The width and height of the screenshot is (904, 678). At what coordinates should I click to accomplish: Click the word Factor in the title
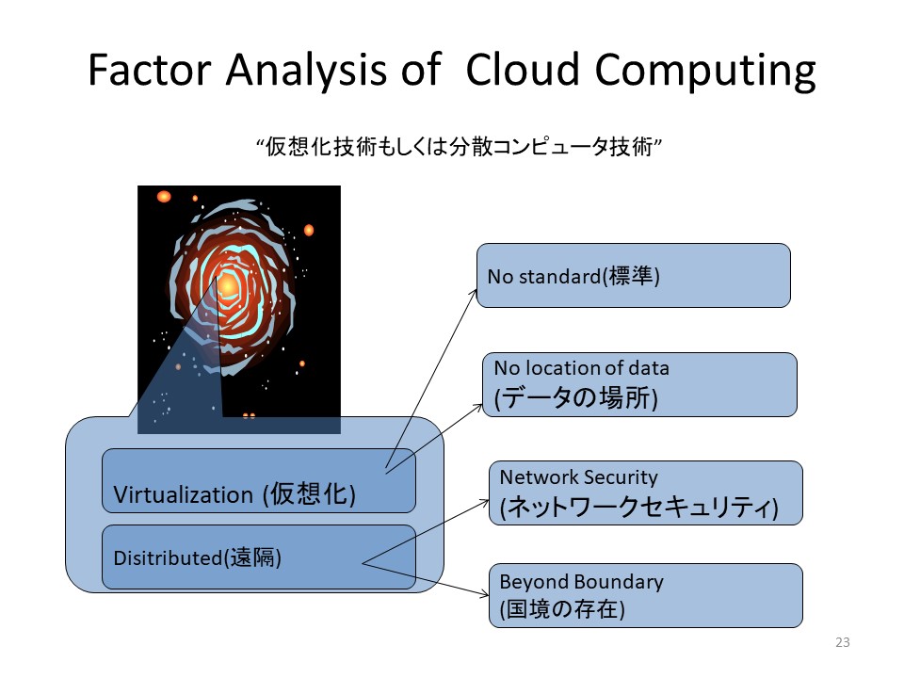149,71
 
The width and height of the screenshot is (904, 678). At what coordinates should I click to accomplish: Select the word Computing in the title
705,73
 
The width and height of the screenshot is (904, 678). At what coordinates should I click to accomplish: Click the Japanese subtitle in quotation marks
459,147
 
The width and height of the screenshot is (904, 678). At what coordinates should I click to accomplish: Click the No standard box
633,276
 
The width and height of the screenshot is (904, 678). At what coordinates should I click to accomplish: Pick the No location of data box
640,384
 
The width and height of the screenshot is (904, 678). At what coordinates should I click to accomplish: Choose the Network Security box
646,492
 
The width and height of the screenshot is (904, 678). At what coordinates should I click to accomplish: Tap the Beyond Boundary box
646,595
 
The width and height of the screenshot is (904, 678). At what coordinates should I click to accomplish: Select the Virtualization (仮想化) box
259,481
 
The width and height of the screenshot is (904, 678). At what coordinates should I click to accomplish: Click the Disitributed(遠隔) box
259,557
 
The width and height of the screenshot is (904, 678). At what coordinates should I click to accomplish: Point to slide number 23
842,642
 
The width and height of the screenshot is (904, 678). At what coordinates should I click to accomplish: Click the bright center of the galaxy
228,284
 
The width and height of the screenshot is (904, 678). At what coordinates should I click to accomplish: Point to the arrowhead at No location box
479,407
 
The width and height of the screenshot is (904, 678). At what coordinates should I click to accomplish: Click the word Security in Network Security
621,477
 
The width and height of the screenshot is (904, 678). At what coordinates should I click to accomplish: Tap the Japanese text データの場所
576,397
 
